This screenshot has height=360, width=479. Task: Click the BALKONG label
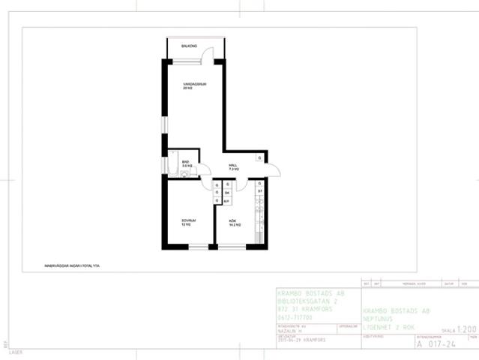(178, 46)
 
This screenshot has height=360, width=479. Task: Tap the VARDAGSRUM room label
(193, 84)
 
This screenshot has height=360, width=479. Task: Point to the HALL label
(233, 166)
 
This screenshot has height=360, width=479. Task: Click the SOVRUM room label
(187, 221)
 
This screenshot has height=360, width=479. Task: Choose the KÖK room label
(233, 221)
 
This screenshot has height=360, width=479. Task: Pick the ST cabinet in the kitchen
(260, 192)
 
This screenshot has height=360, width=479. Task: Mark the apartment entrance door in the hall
(274, 169)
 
